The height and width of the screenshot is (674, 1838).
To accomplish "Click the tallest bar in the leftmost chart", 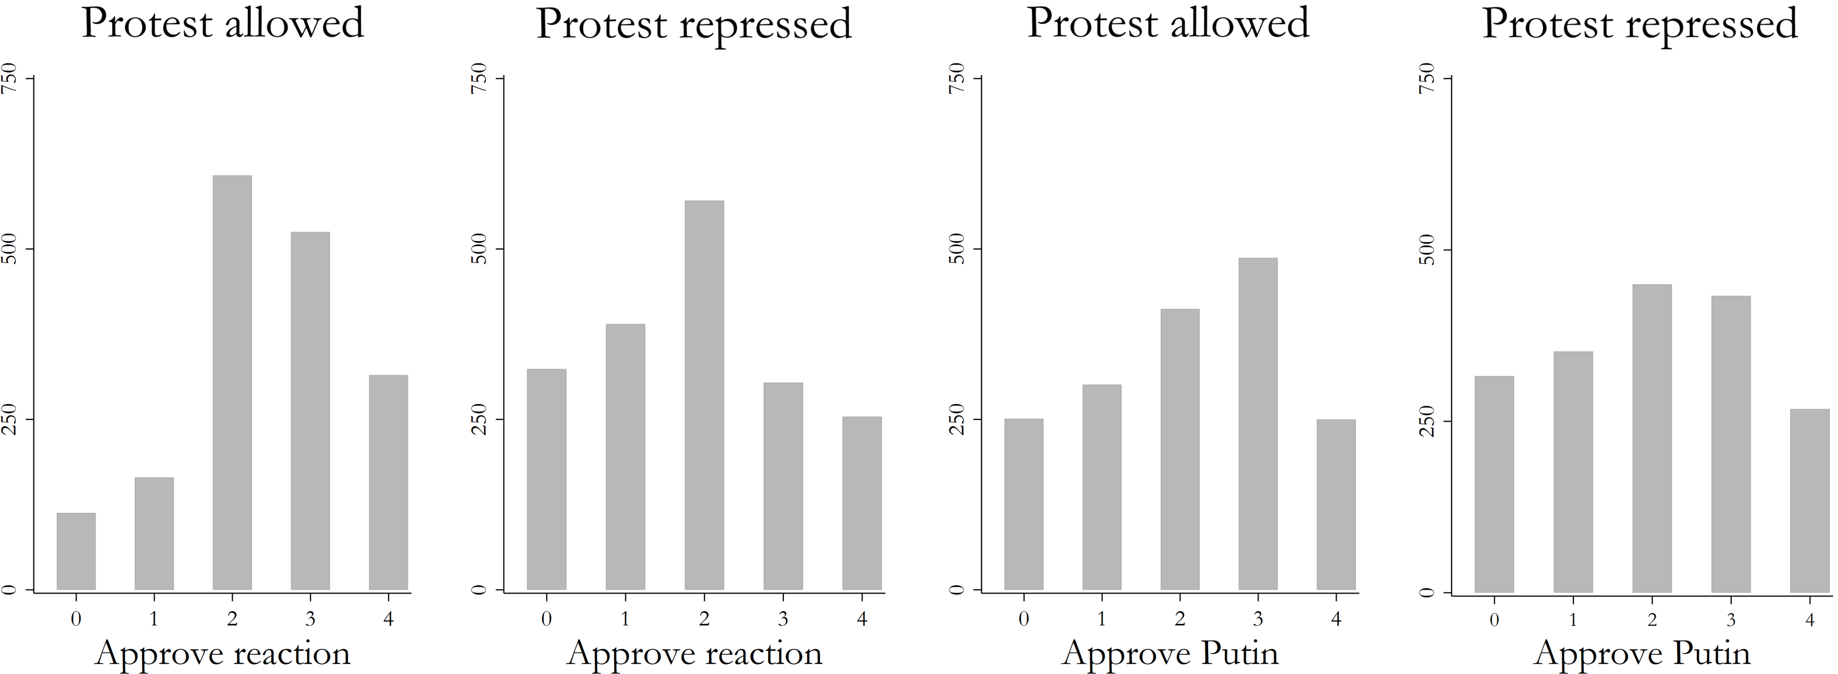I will pyautogui.click(x=232, y=383).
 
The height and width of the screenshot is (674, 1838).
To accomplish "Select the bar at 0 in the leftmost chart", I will pyautogui.click(x=76, y=551).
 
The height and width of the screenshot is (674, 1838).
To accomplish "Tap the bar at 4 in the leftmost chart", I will pyautogui.click(x=388, y=482).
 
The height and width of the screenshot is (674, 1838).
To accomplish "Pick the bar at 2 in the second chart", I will pyautogui.click(x=703, y=395).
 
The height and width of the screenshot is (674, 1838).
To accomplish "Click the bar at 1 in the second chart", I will pyautogui.click(x=625, y=457).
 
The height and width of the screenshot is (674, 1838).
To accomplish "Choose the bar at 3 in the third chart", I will pyautogui.click(x=1258, y=424).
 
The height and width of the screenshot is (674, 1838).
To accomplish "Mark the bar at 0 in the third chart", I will pyautogui.click(x=1023, y=504).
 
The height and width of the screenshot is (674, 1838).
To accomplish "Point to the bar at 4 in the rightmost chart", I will pyautogui.click(x=1810, y=501).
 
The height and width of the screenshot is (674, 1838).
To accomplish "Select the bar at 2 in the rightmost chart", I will pyautogui.click(x=1652, y=438).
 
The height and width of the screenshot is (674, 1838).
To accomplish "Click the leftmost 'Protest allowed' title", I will pyautogui.click(x=223, y=24).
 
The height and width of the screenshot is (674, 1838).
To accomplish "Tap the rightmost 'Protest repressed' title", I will pyautogui.click(x=1640, y=24).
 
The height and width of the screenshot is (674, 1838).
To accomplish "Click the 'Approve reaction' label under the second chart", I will pyautogui.click(x=694, y=653).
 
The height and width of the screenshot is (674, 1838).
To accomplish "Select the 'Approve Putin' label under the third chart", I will pyautogui.click(x=1170, y=653).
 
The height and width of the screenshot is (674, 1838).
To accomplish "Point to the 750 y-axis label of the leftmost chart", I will pyautogui.click(x=9, y=78).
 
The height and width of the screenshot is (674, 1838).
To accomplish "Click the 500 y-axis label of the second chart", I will pyautogui.click(x=480, y=249).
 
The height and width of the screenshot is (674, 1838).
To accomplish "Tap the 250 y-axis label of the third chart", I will pyautogui.click(x=958, y=419).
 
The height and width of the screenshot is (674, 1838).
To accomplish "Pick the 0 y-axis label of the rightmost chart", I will pyautogui.click(x=1428, y=592).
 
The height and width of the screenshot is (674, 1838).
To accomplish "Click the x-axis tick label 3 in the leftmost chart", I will pyautogui.click(x=310, y=619).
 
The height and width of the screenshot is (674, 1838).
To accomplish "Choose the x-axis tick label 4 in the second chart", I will pyautogui.click(x=862, y=619).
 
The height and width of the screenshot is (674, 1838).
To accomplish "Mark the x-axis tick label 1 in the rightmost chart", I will pyautogui.click(x=1572, y=620).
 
